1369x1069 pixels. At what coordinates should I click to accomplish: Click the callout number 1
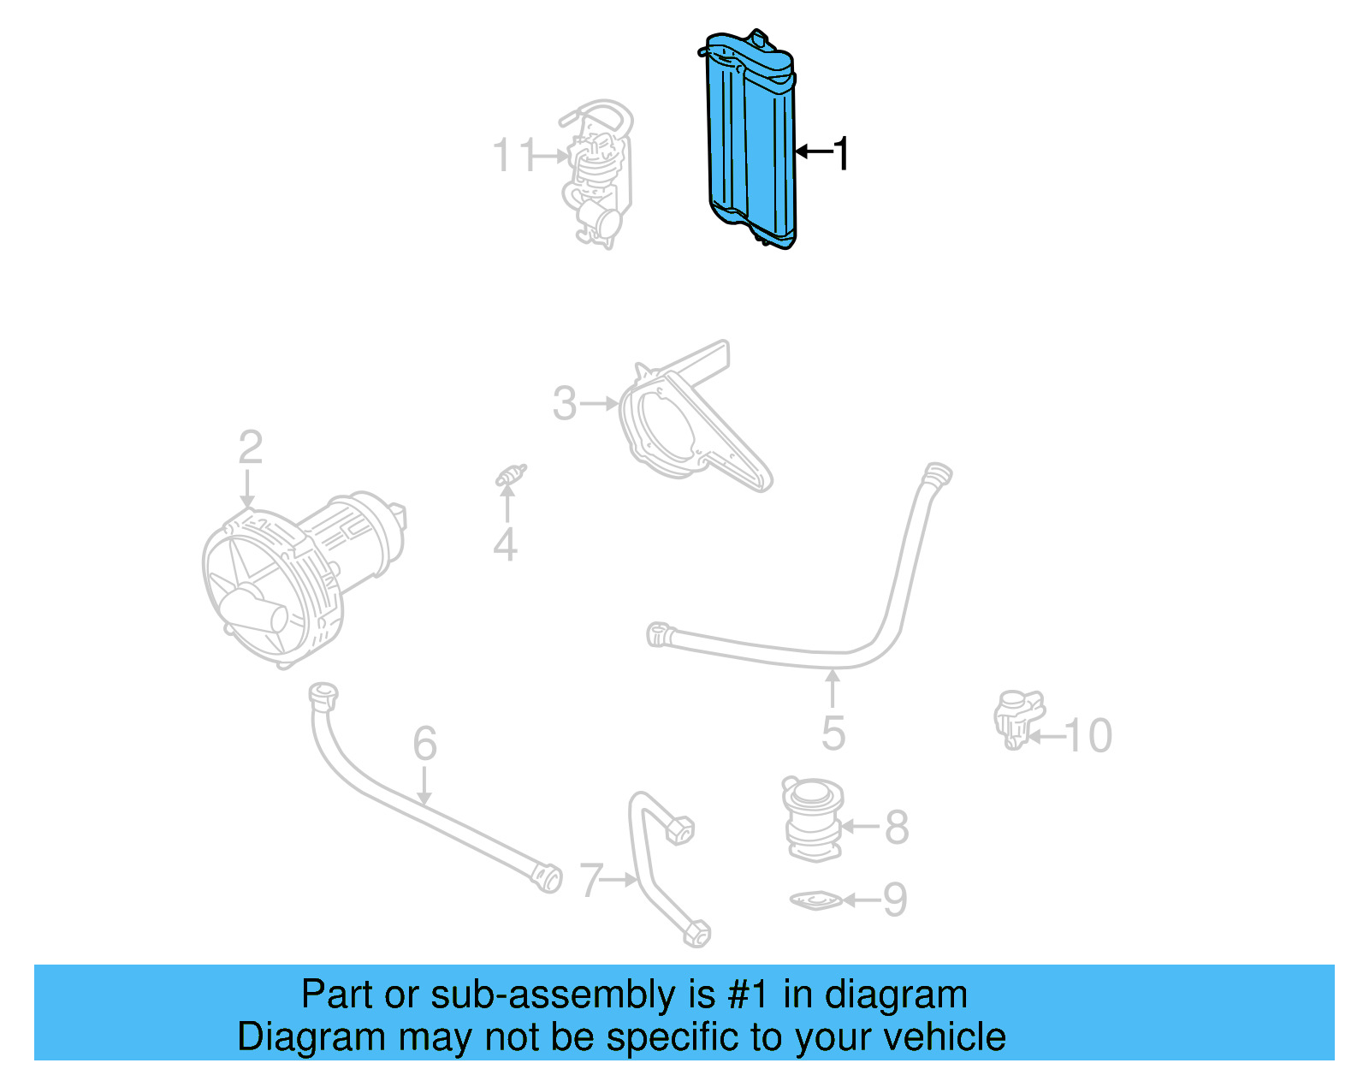[842, 154]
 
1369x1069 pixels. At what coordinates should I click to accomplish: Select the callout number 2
[250, 448]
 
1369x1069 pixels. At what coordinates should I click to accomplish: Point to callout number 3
[565, 403]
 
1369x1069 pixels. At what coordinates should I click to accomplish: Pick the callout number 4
[505, 544]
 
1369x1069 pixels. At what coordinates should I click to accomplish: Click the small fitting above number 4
[511, 475]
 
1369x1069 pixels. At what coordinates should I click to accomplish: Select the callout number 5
[833, 733]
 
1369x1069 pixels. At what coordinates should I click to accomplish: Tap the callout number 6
[424, 743]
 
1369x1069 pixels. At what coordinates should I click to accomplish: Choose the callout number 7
[591, 880]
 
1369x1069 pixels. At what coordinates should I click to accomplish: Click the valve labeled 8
[813, 819]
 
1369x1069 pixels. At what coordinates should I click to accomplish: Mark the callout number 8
[897, 827]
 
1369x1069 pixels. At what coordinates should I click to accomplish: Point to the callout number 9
[895, 900]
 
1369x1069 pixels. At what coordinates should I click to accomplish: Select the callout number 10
[1088, 735]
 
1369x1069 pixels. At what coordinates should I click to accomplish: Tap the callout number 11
[513, 156]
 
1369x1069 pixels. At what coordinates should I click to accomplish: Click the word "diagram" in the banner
[896, 995]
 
